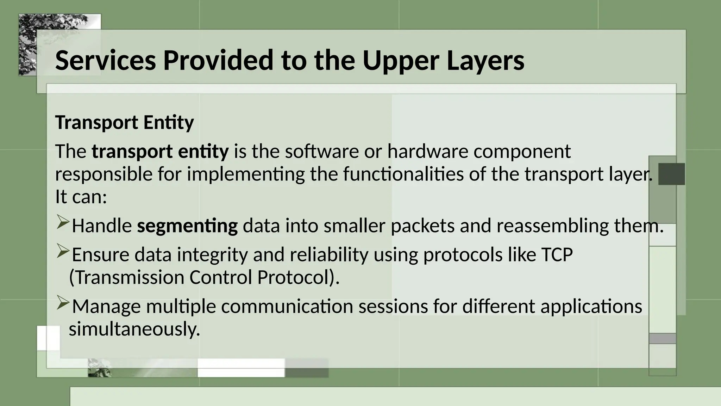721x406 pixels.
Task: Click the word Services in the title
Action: [105, 60]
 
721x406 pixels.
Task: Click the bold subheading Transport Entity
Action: [124, 123]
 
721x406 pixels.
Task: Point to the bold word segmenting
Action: [187, 226]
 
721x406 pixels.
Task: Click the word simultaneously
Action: [134, 329]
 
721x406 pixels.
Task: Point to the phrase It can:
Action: [81, 197]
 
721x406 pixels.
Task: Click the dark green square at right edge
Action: [671, 174]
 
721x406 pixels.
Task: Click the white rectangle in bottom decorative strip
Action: [241, 368]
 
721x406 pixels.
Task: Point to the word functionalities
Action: [403, 174]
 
